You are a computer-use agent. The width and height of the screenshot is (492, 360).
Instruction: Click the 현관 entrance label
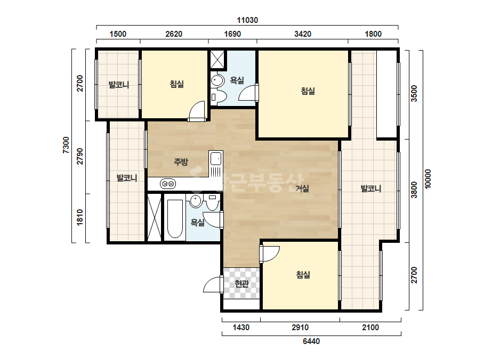point(241,284)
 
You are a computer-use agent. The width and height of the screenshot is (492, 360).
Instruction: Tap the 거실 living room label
point(302,188)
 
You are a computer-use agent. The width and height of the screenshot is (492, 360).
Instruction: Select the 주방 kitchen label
point(181,162)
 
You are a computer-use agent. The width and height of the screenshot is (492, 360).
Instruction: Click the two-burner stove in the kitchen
point(167,184)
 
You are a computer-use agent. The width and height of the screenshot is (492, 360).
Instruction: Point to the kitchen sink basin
point(216,159)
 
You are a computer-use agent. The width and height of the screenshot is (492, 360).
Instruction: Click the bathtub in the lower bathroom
point(175,218)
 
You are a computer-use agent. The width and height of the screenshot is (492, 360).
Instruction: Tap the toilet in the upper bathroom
point(219,96)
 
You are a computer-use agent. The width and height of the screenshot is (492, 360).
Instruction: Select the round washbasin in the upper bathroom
point(217,80)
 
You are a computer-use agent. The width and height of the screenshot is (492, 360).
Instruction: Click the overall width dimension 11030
point(247,20)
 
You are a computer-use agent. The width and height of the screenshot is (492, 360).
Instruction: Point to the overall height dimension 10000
point(428,179)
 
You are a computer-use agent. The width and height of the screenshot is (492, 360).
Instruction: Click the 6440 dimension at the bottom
point(311,341)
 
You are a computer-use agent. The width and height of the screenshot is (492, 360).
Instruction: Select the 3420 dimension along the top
point(303,34)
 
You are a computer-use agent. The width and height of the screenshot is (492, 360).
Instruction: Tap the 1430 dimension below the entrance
point(241,328)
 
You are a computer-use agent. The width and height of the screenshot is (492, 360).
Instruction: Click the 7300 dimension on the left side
point(66,145)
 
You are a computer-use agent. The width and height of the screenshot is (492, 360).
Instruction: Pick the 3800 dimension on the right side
point(414,190)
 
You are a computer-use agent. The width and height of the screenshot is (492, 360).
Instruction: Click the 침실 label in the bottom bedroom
point(303,275)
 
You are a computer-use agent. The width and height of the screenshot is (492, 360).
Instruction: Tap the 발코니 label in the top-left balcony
point(119,84)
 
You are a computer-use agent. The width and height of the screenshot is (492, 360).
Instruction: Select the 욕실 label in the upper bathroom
point(237,80)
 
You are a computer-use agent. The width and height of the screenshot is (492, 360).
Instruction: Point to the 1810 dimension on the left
point(80,217)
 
